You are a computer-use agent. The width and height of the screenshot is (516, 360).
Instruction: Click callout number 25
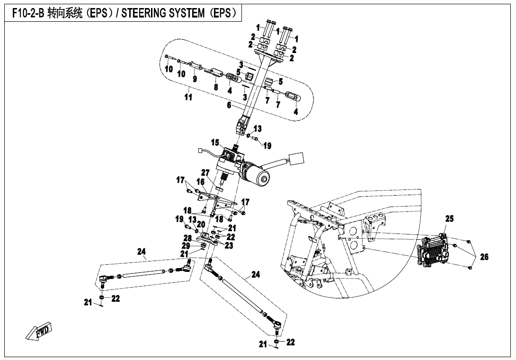(449, 218)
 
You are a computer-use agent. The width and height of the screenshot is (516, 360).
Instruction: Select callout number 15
(215, 142)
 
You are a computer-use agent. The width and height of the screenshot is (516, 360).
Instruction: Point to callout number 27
(205, 172)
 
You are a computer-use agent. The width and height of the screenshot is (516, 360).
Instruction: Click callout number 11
(188, 98)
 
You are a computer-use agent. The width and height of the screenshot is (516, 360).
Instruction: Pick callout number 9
(195, 78)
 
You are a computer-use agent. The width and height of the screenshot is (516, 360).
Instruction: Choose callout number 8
(216, 87)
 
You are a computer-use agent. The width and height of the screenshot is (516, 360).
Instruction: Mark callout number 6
(229, 105)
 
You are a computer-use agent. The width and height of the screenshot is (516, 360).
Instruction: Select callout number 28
(188, 238)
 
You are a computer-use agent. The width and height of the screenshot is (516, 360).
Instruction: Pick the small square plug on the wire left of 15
(201, 152)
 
